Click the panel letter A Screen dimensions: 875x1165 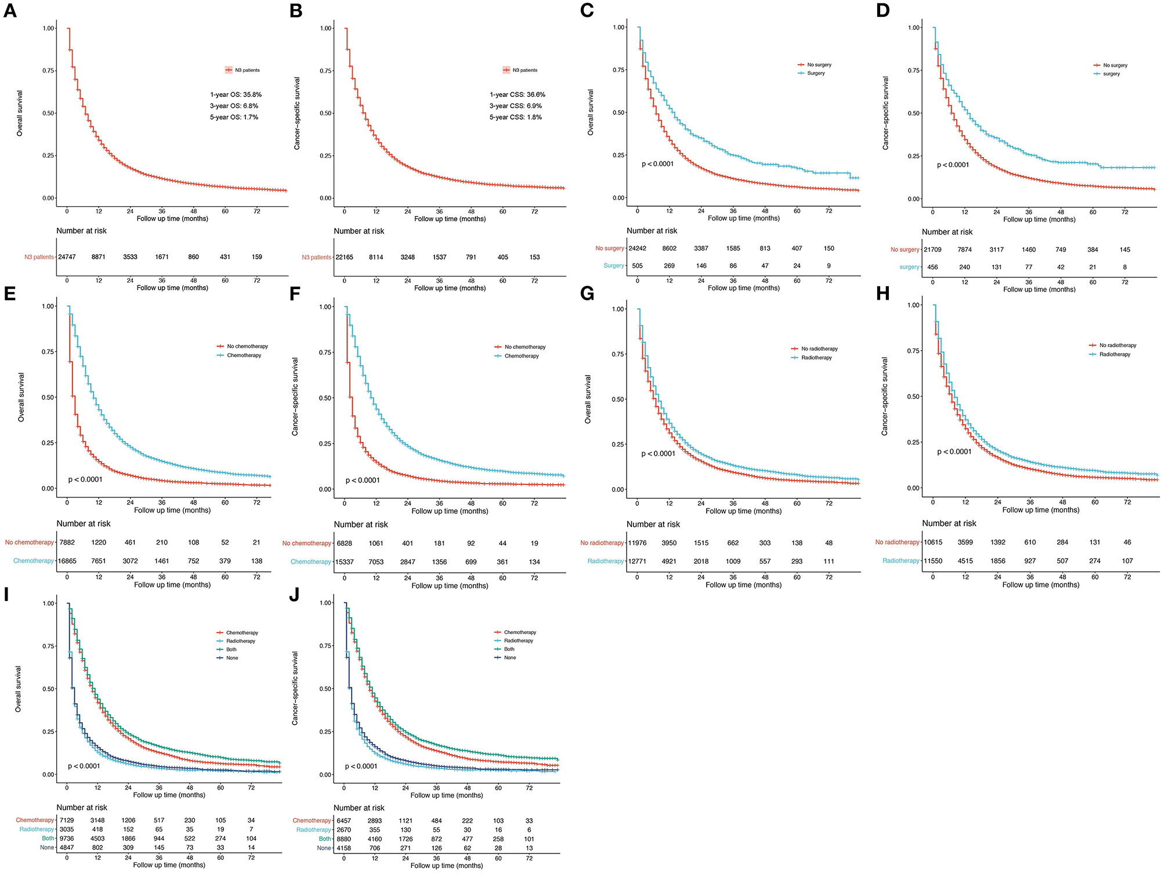tap(10, 11)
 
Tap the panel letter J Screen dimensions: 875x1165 tap(294, 595)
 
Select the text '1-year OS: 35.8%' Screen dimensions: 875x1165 tap(236, 95)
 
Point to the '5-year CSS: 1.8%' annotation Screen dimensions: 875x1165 tap(515, 117)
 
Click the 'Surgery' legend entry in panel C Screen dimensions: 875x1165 tap(815, 74)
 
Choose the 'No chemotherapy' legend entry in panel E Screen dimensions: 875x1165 tap(247, 347)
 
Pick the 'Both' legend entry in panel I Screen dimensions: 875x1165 tap(231, 650)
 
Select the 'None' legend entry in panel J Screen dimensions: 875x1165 tap(510, 658)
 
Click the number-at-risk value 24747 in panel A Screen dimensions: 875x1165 tap(67, 257)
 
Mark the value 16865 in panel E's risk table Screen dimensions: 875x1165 tap(67, 561)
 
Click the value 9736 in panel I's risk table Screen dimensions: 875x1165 tap(67, 838)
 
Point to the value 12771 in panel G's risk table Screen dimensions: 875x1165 tap(637, 561)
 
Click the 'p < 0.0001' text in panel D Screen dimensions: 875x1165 tap(953, 165)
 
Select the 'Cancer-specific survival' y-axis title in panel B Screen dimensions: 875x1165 tap(297, 113)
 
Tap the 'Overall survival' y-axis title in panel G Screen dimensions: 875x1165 tap(588, 399)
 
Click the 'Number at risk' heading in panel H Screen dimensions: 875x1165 tap(949, 524)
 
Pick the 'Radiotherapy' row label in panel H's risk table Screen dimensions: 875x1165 tap(900, 561)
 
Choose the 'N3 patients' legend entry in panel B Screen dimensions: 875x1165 tap(524, 70)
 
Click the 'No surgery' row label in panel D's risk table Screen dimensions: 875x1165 tap(904, 250)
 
